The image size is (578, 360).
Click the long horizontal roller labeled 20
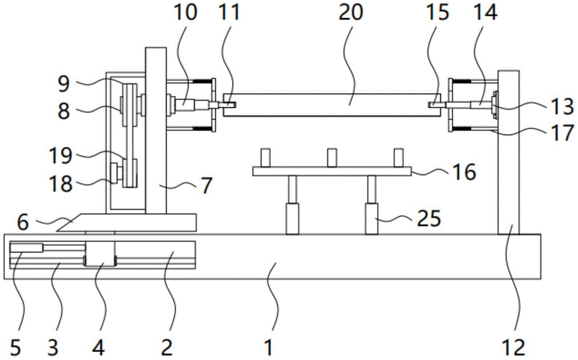tap(329, 104)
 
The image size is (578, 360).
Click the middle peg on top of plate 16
tap(332, 157)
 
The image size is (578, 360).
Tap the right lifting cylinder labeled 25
tap(370, 218)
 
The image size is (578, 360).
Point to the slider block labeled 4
tap(100, 254)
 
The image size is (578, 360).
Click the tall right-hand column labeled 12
tap(509, 150)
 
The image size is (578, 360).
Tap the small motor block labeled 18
tap(114, 172)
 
